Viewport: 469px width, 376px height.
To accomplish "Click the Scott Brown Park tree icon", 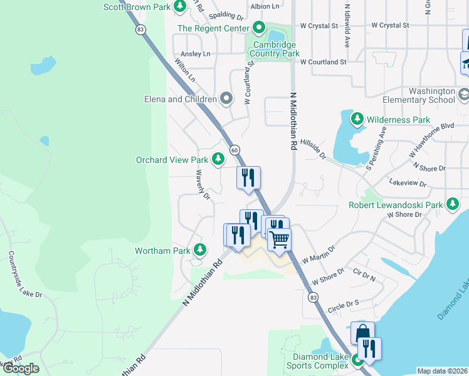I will point(180,6).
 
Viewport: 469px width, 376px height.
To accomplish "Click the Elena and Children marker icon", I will point(226,98).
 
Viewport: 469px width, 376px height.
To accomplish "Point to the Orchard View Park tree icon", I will point(218,160).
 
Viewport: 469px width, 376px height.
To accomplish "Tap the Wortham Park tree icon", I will point(200,251).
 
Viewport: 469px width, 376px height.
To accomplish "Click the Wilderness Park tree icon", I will point(357,119).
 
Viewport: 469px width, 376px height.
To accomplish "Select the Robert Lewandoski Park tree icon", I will point(453,204).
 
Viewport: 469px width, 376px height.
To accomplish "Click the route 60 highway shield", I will point(234,150).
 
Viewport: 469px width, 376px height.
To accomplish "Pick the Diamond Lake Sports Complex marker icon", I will point(357,360).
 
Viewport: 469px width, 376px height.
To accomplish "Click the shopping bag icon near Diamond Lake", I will point(362,333).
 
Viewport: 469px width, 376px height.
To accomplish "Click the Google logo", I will point(21,368).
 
